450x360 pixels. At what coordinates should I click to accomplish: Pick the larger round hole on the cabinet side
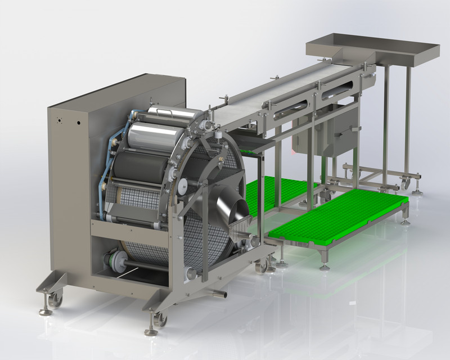pos(78,122)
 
